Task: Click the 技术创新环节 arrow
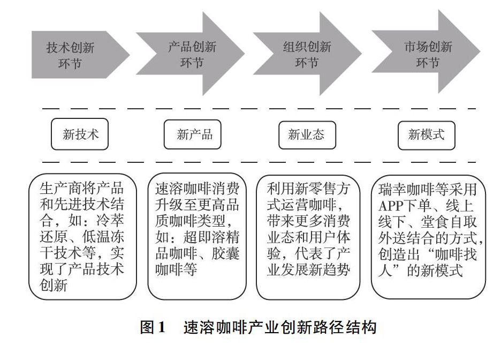pos(80,55)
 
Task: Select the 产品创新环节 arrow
pos(191,54)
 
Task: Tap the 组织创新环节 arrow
pos(307,54)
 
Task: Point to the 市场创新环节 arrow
pos(426,52)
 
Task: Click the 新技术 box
pos(80,134)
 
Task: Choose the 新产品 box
pos(192,134)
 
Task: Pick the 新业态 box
pos(307,135)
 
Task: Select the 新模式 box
pos(426,135)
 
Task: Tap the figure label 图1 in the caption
pos(153,327)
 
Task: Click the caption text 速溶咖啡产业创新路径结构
pos(280,327)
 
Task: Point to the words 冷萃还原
pos(82,229)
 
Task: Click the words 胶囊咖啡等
pos(197,262)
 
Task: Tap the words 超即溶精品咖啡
pos(197,245)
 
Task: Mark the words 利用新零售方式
pos(308,197)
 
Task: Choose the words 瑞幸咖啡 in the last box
pos(406,190)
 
